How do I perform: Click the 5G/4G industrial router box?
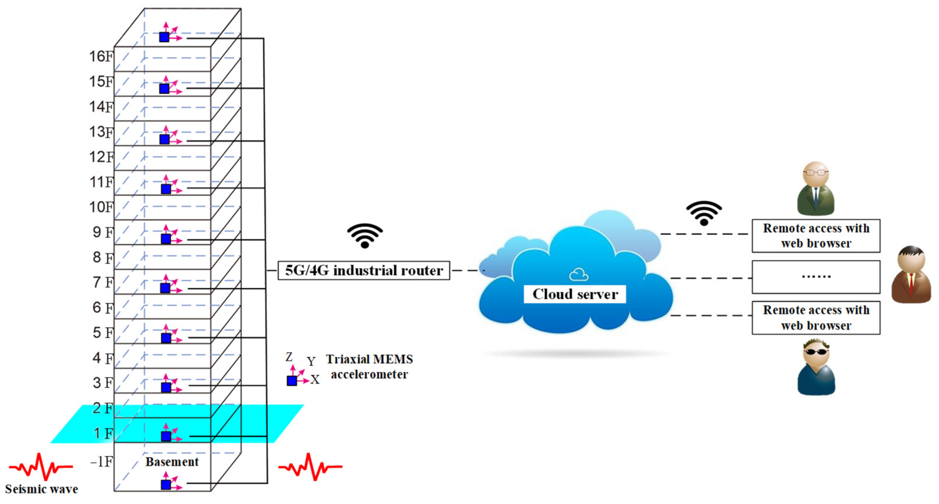pos(364,270)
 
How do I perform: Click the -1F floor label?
pos(102,462)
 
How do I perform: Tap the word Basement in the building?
pos(172,462)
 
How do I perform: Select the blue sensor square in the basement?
pos(166,485)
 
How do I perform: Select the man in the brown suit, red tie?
pos(911,275)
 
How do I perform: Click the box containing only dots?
pos(816,277)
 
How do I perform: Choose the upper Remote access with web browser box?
pos(816,236)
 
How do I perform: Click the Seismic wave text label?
pos(42,489)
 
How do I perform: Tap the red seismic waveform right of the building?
pos(310,466)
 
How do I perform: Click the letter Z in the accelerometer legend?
pos(289,357)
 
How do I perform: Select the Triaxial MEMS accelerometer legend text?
pos(369,367)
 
